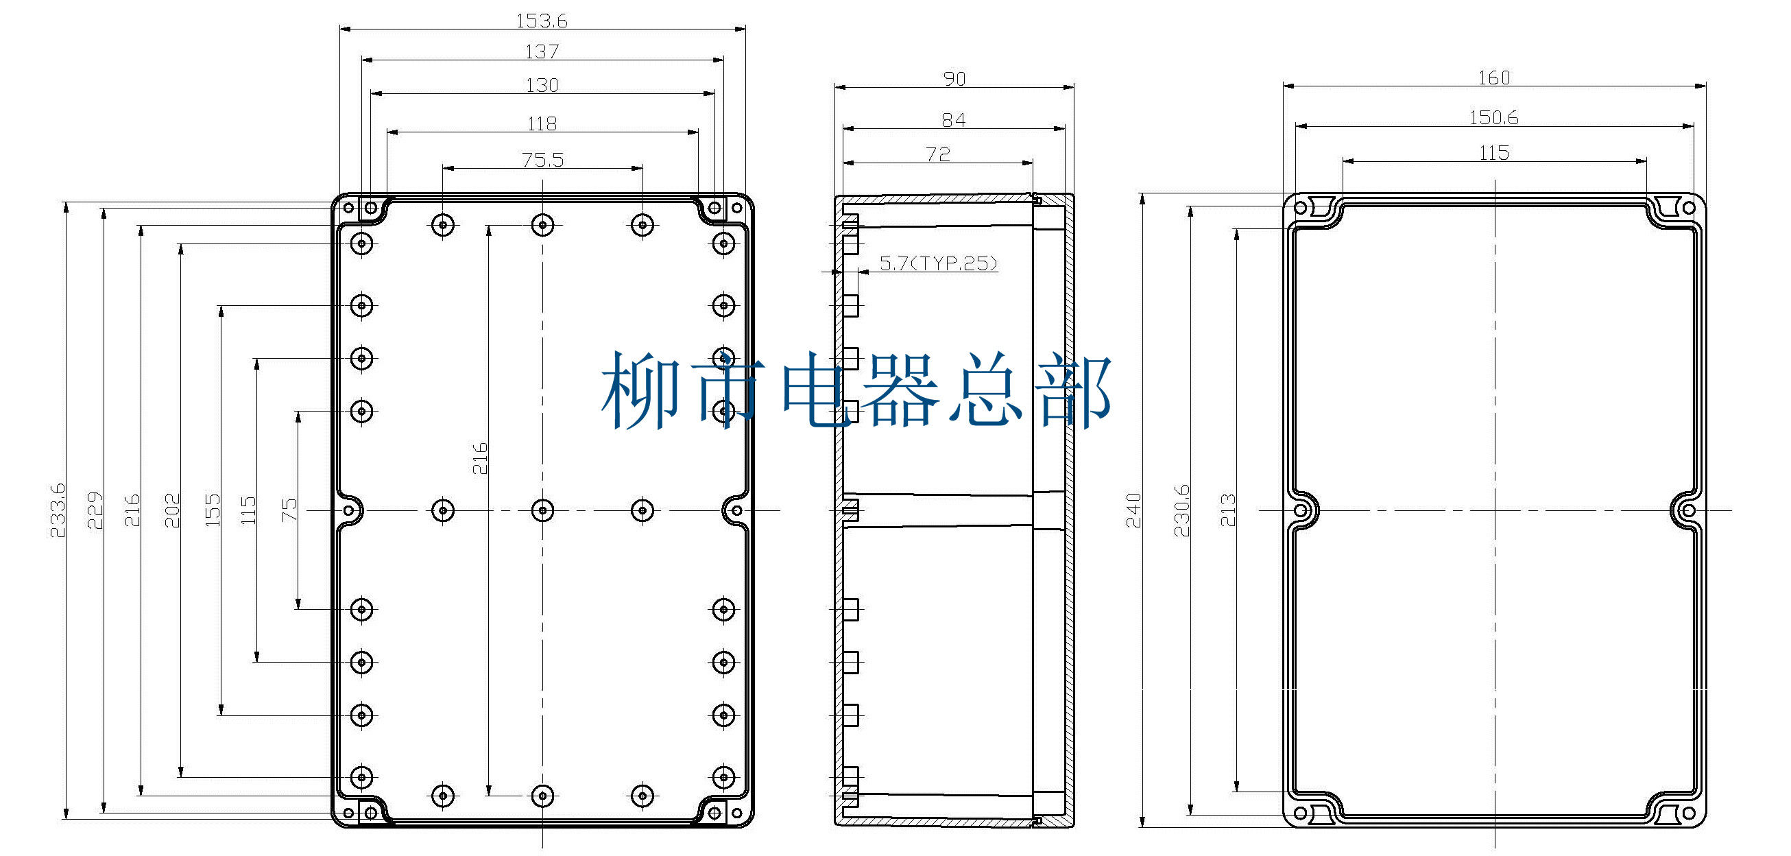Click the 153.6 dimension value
pos(542,21)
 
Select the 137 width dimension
pos(542,51)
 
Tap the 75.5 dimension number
pos(542,160)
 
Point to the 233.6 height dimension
pos(57,510)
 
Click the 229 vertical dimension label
pos(95,510)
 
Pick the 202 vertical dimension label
pos(171,510)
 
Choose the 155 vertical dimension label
pos(212,510)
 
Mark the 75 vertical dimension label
pos(289,510)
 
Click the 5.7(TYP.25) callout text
pos(938,263)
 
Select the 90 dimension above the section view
pos(954,79)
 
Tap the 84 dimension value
pos(953,120)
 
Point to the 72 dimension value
pos(937,154)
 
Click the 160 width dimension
pos(1493,78)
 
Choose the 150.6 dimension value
pos(1493,117)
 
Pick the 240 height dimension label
pos(1133,510)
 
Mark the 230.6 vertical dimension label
pos(1181,510)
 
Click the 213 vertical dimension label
pos(1228,510)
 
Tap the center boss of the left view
pos(542,510)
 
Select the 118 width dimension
pos(542,123)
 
